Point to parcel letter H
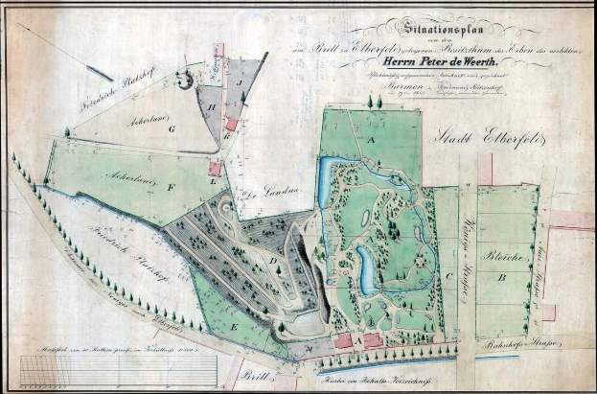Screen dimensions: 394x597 pos(212,107)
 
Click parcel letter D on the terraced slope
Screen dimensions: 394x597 pos(273,260)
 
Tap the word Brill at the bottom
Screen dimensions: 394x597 pos(252,376)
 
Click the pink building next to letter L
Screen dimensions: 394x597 pos(215,169)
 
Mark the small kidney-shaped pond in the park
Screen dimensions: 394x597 pos(367,271)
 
